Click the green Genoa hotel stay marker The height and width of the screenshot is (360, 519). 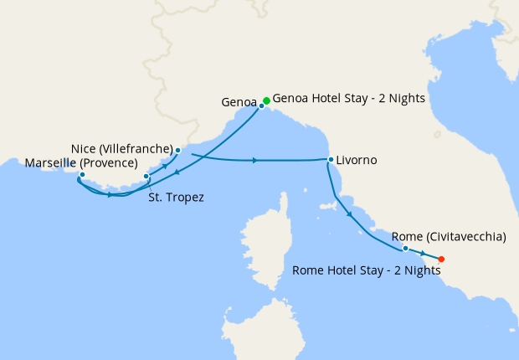266,100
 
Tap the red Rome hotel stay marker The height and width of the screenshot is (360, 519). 441,259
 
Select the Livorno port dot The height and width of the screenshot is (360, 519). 331,160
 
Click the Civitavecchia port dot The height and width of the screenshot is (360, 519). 405,249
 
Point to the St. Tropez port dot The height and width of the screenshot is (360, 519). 146,177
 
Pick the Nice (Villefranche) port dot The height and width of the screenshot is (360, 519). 177,151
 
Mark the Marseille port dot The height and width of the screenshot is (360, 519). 81,175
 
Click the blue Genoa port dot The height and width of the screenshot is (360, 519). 261,106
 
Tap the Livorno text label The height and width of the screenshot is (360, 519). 357,160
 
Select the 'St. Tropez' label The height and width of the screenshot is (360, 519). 176,198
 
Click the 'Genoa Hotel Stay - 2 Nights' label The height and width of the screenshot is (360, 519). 350,98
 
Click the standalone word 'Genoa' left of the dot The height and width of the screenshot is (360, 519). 238,102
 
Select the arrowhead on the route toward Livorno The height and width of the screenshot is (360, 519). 254,160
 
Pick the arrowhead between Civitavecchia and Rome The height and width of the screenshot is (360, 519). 424,254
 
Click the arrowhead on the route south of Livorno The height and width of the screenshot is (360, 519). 349,214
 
